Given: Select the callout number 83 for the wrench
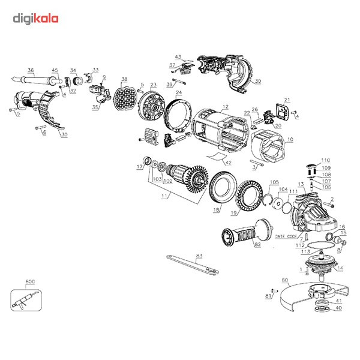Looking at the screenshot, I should tap(199, 256).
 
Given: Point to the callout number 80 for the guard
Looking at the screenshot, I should tap(285, 280).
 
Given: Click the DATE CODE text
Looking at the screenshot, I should tap(287, 236).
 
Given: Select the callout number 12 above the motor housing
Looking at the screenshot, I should tap(226, 107).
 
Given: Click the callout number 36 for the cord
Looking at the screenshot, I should tap(31, 70).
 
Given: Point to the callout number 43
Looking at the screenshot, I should tap(178, 57).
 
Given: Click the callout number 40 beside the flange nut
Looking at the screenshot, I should tap(338, 308).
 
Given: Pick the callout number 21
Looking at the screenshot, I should tap(287, 100).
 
